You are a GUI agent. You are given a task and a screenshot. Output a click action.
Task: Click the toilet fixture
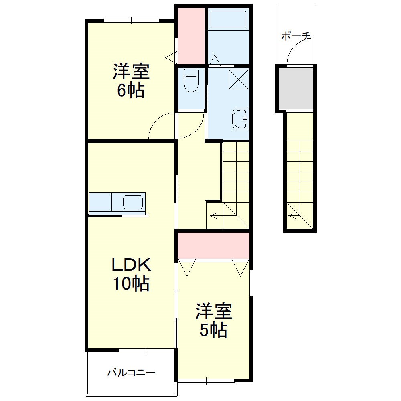(x=190, y=81)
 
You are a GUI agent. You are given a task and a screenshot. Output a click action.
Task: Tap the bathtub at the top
(x=228, y=20)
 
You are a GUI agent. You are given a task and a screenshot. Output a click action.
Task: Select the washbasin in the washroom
(x=240, y=119)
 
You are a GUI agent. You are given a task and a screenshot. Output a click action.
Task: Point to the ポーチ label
(x=296, y=36)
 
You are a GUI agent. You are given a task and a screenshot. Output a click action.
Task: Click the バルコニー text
(x=131, y=373)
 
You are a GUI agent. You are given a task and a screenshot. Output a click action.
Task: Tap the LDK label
(x=131, y=265)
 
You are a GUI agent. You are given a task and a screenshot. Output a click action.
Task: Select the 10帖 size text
(x=131, y=284)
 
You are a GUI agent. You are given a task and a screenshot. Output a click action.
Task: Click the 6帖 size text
(x=131, y=91)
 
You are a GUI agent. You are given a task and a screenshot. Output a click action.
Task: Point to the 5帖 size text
(x=214, y=330)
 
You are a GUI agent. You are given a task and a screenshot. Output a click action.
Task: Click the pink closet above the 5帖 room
(x=214, y=245)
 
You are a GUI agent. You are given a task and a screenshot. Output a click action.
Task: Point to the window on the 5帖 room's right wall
(x=252, y=283)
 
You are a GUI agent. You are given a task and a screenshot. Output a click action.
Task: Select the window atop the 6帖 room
(x=132, y=20)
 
